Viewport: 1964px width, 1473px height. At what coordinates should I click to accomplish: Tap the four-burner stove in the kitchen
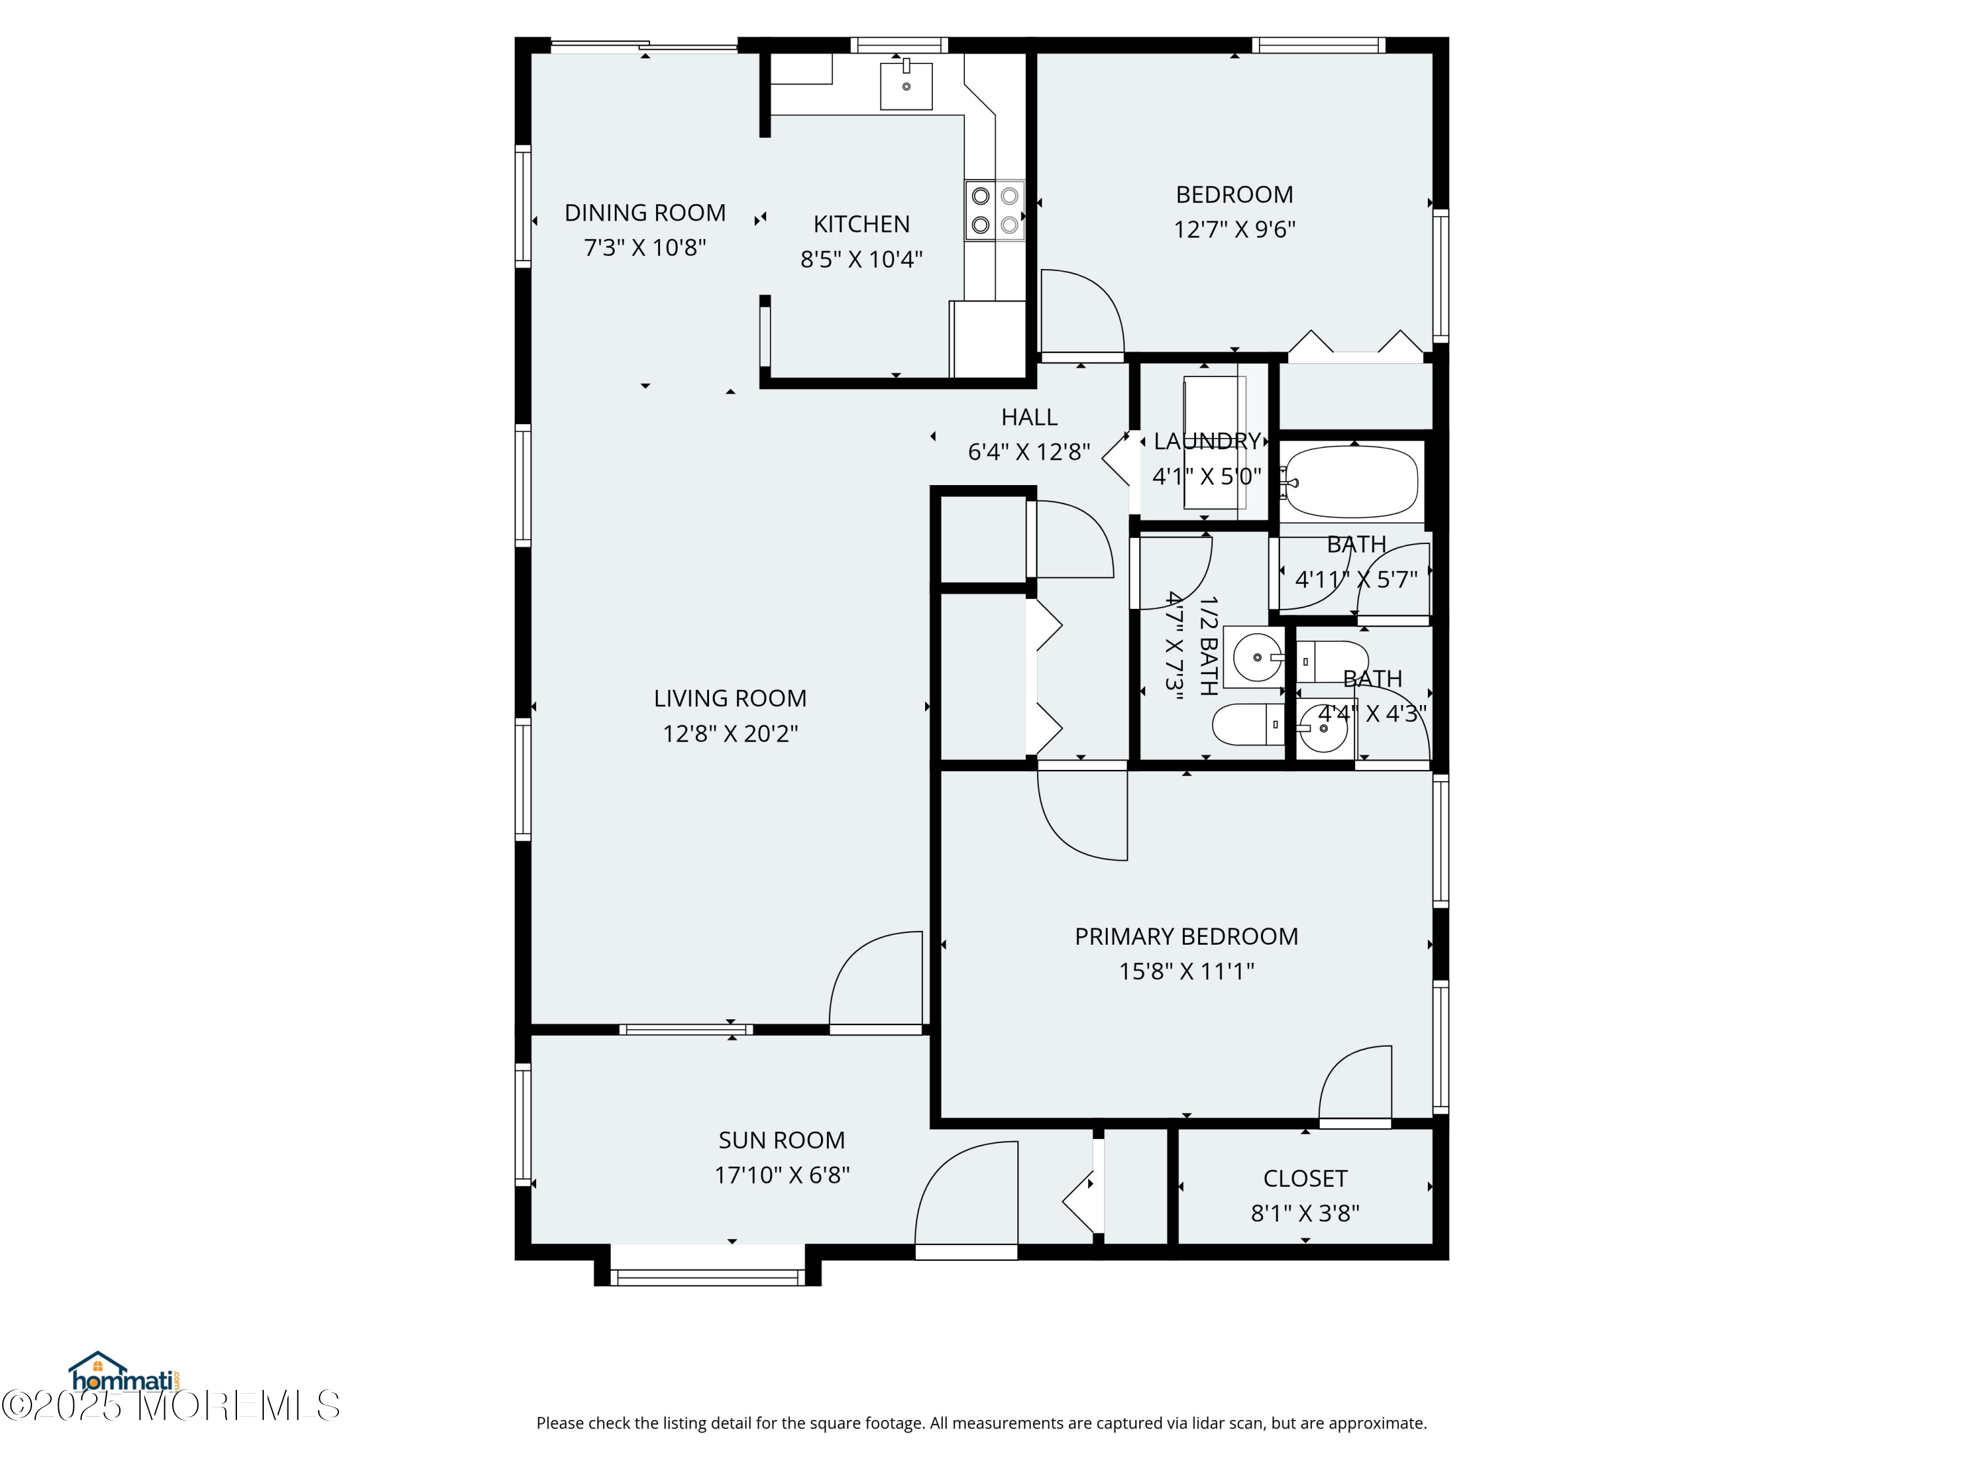pyautogui.click(x=994, y=210)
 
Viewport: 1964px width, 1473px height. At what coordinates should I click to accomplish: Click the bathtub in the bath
pyautogui.click(x=1351, y=482)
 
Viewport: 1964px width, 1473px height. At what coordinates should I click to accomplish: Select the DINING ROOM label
pyautogui.click(x=645, y=213)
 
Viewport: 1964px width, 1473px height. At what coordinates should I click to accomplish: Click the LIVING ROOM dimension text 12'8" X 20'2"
pyautogui.click(x=730, y=733)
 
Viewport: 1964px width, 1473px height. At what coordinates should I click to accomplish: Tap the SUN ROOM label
pyautogui.click(x=781, y=1140)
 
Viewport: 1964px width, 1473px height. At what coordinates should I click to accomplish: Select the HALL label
pyautogui.click(x=1029, y=417)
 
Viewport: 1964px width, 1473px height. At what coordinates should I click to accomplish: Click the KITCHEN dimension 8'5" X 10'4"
pyautogui.click(x=862, y=259)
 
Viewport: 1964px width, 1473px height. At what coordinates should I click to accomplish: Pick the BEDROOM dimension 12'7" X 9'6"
pyautogui.click(x=1234, y=229)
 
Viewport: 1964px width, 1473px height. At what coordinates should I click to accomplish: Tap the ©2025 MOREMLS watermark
pyautogui.click(x=170, y=1406)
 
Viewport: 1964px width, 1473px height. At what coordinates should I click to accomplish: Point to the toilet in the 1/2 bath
pyautogui.click(x=1248, y=725)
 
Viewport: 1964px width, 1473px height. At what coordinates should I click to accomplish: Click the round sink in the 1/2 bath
pyautogui.click(x=1256, y=658)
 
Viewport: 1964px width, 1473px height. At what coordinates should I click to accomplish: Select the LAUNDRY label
pyautogui.click(x=1207, y=441)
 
